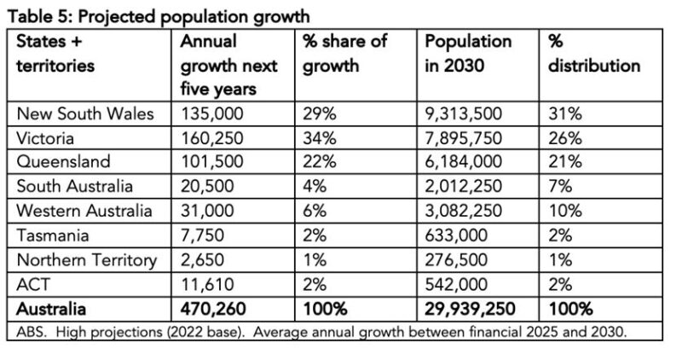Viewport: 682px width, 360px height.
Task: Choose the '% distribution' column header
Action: (x=593, y=54)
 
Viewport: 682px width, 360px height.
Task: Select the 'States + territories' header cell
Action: (x=60, y=54)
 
